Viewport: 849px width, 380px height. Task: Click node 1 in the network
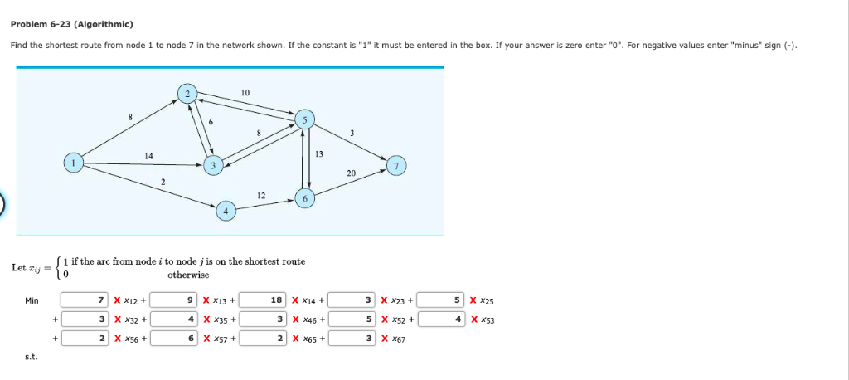[x=74, y=163]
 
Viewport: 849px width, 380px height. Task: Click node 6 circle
[x=305, y=199]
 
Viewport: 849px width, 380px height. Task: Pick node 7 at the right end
[x=397, y=166]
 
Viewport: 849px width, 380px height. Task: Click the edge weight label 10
[x=245, y=90]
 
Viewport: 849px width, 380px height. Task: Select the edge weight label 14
[x=148, y=155]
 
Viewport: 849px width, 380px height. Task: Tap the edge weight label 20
[x=352, y=173]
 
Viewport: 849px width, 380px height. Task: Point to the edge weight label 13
[x=319, y=154]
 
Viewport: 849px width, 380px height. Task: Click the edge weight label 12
[x=261, y=194]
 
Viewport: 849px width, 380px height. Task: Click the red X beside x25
[x=473, y=300]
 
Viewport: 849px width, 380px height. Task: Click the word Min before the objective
[x=32, y=300]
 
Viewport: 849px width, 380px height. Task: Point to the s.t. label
[x=31, y=358]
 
